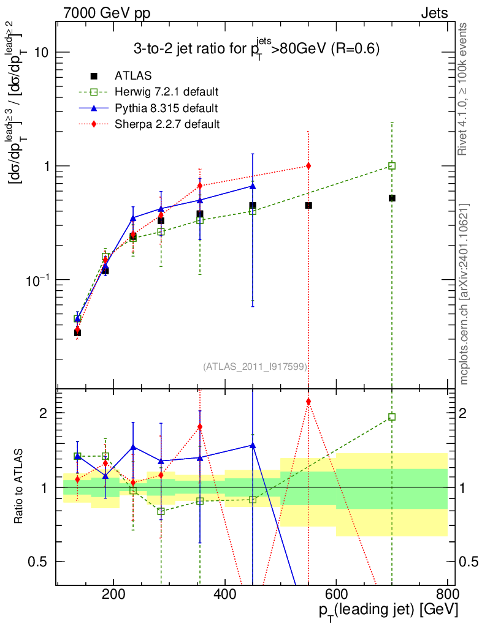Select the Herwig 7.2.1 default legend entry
(x=166, y=92)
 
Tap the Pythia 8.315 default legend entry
(x=166, y=108)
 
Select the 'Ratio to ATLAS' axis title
(x=20, y=485)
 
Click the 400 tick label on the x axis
(x=225, y=595)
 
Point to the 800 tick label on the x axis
(x=447, y=595)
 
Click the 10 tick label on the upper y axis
(x=41, y=53)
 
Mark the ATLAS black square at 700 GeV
(x=392, y=198)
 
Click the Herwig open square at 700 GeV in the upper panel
(x=392, y=166)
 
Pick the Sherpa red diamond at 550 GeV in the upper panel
(x=308, y=166)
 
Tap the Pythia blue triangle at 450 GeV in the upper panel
(x=253, y=186)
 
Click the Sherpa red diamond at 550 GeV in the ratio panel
(x=308, y=402)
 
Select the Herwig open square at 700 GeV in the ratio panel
(x=392, y=417)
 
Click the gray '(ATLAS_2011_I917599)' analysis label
(x=255, y=366)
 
